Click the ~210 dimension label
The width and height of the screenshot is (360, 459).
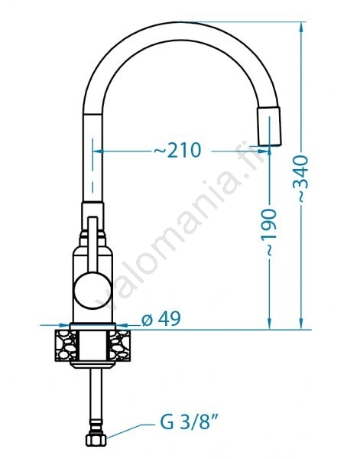[178, 151]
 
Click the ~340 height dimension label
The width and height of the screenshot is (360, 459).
[300, 178]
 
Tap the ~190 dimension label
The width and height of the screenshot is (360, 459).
[268, 232]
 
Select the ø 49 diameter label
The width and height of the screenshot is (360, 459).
[161, 318]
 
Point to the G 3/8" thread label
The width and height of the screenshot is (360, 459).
[190, 423]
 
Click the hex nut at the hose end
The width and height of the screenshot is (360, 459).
[96, 439]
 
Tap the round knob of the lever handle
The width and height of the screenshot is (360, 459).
[92, 291]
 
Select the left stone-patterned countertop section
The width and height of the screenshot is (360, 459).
[65, 345]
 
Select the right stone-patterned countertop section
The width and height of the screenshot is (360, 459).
[120, 345]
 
